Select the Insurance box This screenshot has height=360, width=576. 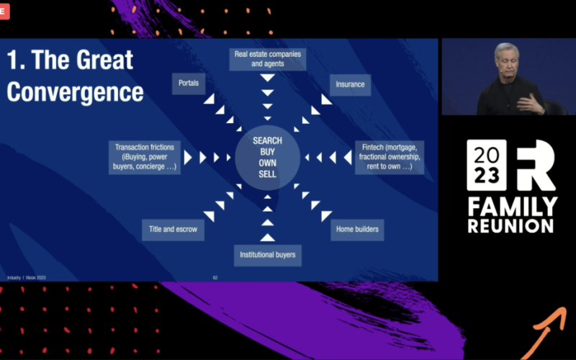350,84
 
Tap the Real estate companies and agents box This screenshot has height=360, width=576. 268,59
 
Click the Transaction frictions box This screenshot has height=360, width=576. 145,156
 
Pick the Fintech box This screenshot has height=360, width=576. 388,156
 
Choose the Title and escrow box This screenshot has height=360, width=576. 173,230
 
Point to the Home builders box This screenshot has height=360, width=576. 356,230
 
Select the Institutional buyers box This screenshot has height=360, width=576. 267,254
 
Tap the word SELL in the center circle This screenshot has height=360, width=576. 267,174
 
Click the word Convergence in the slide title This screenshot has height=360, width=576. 75,91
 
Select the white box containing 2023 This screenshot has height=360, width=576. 486,166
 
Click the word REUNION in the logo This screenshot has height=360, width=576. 510,225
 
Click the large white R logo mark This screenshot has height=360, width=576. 535,166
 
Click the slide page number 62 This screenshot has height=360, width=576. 215,277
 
